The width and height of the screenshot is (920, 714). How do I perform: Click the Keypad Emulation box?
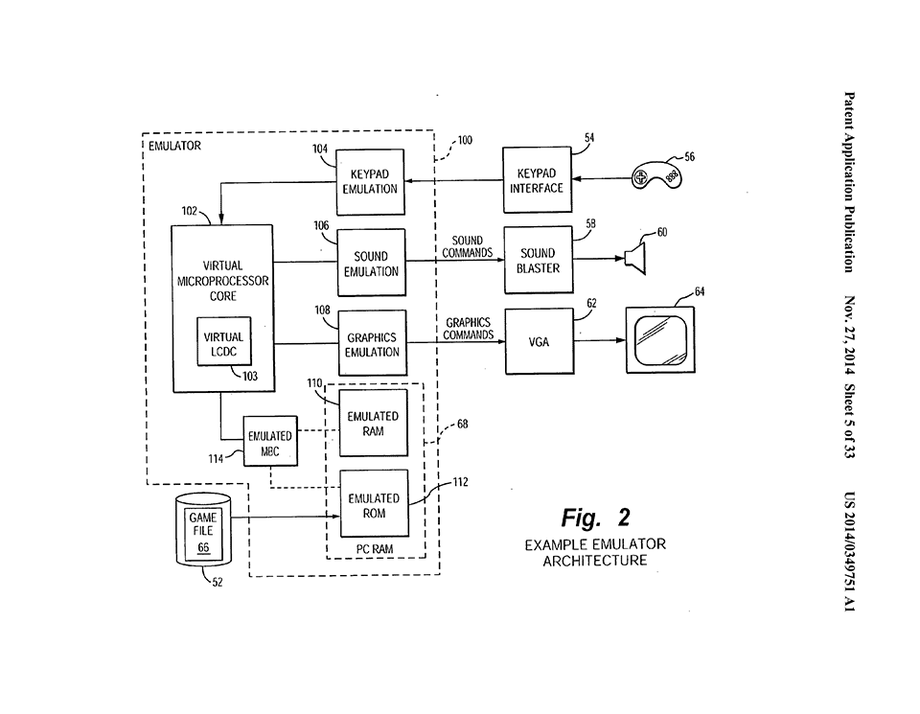click(370, 181)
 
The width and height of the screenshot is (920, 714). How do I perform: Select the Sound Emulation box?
click(371, 264)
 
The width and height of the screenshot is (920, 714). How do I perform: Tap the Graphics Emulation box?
click(373, 344)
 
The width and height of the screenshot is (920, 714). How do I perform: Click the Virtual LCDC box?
click(224, 344)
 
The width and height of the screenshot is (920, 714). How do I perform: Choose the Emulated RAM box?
click(373, 424)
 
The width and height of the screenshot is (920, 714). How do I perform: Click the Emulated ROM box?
click(374, 505)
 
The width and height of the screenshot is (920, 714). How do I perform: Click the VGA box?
click(539, 342)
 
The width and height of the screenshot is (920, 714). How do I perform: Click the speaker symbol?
click(634, 255)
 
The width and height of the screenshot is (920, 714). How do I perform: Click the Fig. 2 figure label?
click(595, 518)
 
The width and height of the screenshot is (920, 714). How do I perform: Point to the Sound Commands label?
click(468, 247)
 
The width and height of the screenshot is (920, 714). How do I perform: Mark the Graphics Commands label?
click(469, 329)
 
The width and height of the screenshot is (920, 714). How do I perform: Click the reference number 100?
click(465, 140)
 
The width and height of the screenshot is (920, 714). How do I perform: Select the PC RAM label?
click(375, 549)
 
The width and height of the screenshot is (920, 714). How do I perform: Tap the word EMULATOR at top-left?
click(175, 147)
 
